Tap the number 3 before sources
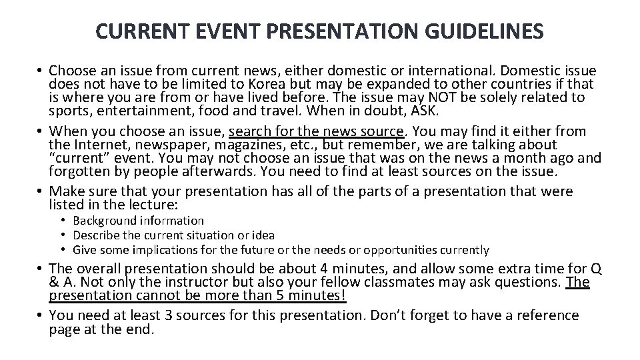[x=163, y=315]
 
